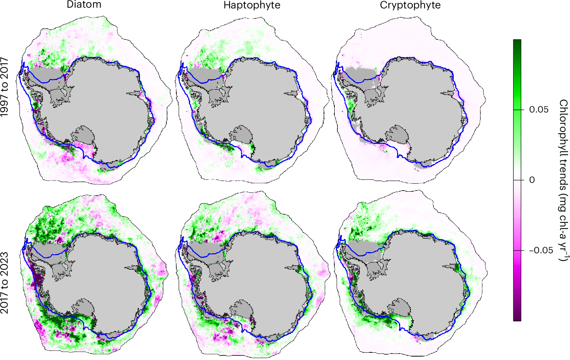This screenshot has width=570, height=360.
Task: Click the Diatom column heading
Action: [84, 5]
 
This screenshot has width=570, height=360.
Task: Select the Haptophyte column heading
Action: [252, 5]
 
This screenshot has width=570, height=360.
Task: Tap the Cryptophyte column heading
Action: [410, 5]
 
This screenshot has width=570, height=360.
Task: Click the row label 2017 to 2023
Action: [5, 283]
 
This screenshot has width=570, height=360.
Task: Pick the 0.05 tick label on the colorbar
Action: [539, 110]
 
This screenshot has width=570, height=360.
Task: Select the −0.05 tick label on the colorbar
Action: [541, 251]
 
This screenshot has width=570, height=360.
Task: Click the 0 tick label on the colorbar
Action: [532, 180]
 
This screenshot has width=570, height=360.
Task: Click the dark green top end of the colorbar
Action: [517, 42]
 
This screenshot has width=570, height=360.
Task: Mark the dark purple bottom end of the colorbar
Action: [517, 318]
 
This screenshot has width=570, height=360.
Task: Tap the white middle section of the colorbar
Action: [517, 180]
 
